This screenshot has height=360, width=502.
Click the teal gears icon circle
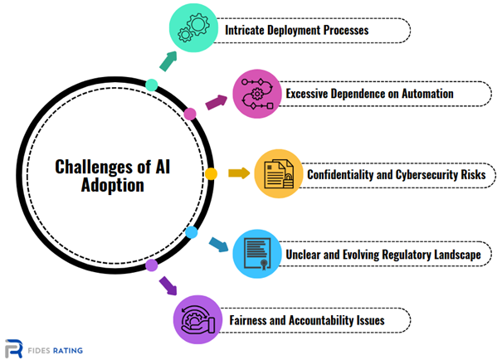point(193,28)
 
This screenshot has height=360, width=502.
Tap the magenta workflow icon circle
point(257,94)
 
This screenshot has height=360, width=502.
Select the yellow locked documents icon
point(279,173)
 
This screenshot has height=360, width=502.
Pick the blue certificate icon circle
point(257,254)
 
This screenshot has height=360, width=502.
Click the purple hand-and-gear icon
point(197,319)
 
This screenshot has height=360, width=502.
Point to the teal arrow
point(168,61)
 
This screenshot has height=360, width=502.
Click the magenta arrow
point(216,102)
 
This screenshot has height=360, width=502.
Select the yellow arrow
point(239,173)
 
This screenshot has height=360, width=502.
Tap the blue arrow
point(219,245)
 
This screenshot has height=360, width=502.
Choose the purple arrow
point(168,285)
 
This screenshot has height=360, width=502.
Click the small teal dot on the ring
point(152,85)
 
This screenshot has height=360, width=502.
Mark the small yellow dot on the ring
point(211,173)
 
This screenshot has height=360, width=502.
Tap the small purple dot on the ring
point(152,265)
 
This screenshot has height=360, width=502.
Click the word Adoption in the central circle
point(113,185)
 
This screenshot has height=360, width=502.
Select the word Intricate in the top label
point(245,30)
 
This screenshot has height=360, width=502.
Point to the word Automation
point(427,94)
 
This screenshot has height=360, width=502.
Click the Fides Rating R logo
point(14,348)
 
